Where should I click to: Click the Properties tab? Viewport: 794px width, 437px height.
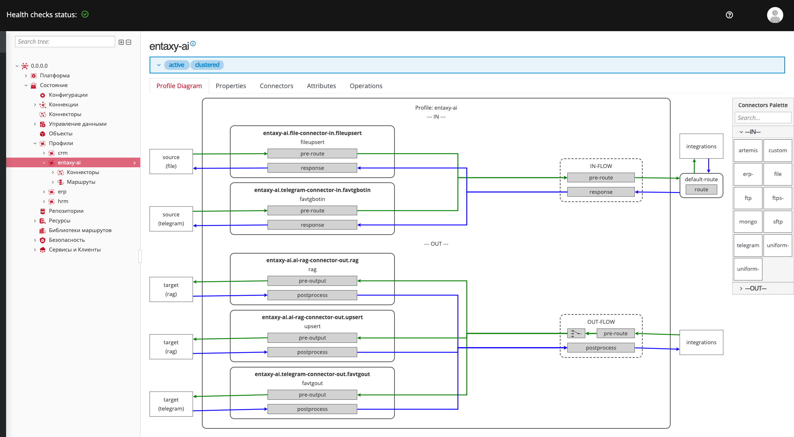tap(231, 86)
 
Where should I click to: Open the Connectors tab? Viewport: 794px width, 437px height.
tap(277, 86)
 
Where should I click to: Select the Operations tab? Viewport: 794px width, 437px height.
tap(366, 86)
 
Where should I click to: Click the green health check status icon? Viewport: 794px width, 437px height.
tap(85, 14)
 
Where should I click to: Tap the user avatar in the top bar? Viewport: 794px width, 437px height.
tap(775, 15)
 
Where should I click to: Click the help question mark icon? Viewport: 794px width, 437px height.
tap(729, 15)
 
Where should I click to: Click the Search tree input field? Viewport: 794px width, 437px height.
tap(65, 42)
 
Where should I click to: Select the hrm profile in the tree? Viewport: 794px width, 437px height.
tap(63, 201)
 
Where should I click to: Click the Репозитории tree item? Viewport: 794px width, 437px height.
tap(66, 211)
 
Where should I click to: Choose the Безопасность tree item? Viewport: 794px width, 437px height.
tap(67, 240)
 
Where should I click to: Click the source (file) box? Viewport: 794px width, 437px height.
tap(171, 162)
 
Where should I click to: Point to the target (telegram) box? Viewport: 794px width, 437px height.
tap(171, 404)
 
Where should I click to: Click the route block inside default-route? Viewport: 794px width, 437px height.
tap(701, 189)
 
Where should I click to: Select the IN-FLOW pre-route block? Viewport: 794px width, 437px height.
tap(601, 178)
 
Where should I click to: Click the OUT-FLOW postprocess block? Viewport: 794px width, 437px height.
tap(601, 348)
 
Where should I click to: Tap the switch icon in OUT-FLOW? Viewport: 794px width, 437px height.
tap(576, 333)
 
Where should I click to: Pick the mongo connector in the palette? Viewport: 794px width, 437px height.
tap(748, 222)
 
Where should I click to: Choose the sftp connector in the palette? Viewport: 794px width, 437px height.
tap(778, 222)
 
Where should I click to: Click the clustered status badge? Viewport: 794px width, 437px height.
tap(207, 65)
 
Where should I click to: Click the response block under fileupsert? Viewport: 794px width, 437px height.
tap(312, 168)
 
